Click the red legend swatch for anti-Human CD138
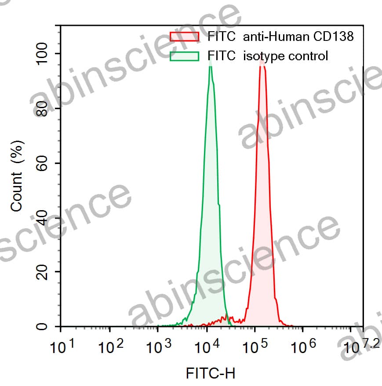coord(185,36)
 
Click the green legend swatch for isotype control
coord(185,56)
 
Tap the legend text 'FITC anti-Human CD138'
coord(280,36)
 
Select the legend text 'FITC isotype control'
coord(268,56)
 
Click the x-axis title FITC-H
coord(211,374)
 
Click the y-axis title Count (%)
coord(17,176)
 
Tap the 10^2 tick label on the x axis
coord(110,347)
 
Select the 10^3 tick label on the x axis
coord(158,347)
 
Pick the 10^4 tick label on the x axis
coord(207,347)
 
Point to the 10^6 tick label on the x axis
coord(302,347)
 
